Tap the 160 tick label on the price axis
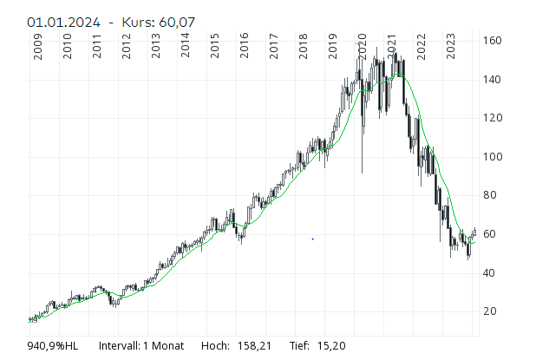(x=493, y=41)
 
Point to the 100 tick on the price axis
(x=493, y=157)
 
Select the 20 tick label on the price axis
(x=491, y=311)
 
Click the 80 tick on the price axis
(x=491, y=195)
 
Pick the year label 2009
(x=38, y=49)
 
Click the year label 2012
(x=127, y=49)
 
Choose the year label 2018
(x=304, y=49)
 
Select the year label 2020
(x=363, y=49)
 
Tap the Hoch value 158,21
(x=253, y=346)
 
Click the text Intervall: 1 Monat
(x=141, y=346)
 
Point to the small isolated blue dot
(x=312, y=239)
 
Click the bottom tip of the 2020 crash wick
(x=363, y=173)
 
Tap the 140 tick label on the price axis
(x=493, y=80)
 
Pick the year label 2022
(x=422, y=49)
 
